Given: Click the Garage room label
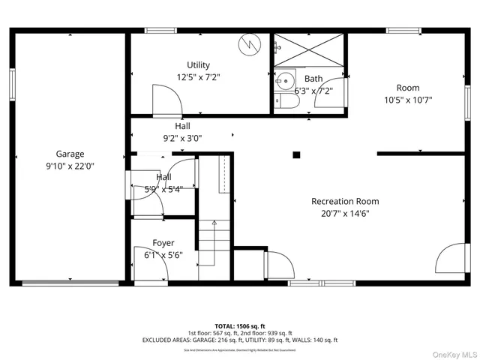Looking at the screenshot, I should click(x=70, y=154).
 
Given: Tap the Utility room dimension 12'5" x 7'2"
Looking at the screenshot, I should click(x=198, y=76).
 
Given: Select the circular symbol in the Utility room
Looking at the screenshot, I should click(x=247, y=45).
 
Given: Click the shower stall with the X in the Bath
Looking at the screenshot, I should click(x=309, y=49).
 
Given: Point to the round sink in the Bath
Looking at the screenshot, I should click(x=285, y=79).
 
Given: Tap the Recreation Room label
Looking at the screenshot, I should click(x=345, y=201).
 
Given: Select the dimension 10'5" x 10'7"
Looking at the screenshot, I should click(x=408, y=100).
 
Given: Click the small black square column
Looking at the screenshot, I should click(x=296, y=155).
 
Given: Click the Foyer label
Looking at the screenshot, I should click(x=163, y=243).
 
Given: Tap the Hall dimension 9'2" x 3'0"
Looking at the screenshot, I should click(x=183, y=138).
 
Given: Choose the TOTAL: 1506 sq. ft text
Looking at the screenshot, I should click(x=240, y=326).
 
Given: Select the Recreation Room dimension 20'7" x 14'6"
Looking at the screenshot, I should click(x=345, y=213).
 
